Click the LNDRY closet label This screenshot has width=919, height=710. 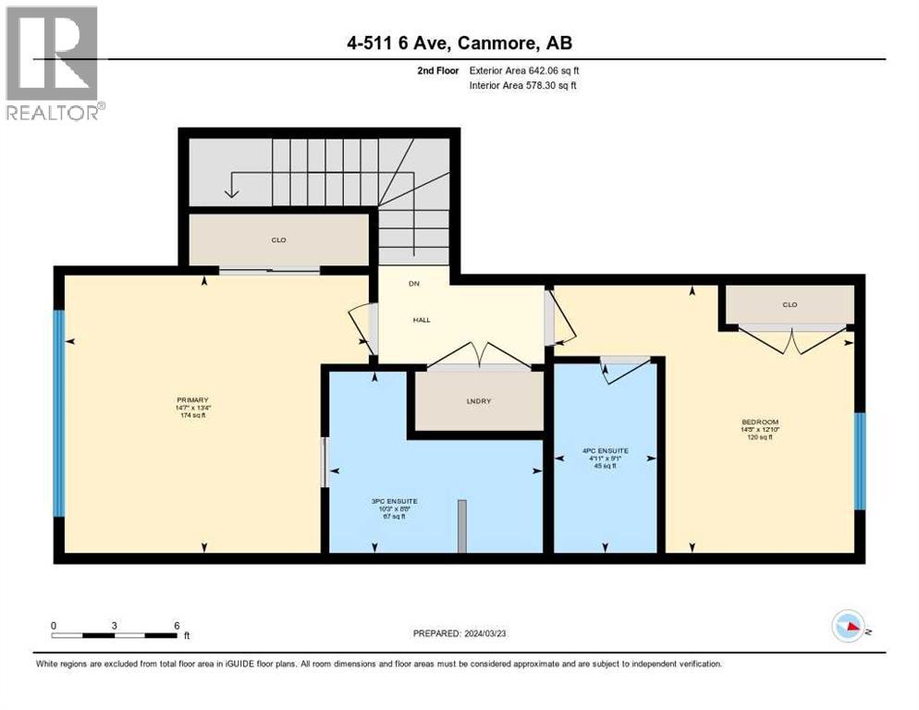(477, 402)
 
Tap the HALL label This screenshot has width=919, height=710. (422, 320)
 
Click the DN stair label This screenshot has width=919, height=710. (414, 285)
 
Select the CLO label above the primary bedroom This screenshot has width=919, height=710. (278, 240)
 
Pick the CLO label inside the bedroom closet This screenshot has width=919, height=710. (789, 305)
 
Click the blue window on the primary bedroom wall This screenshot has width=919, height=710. (59, 413)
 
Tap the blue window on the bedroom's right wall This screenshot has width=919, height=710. (859, 461)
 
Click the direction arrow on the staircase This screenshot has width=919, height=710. (231, 189)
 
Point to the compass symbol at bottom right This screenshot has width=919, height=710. (849, 626)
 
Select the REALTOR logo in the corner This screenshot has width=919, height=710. (55, 63)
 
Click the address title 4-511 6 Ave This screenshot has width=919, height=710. (459, 43)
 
